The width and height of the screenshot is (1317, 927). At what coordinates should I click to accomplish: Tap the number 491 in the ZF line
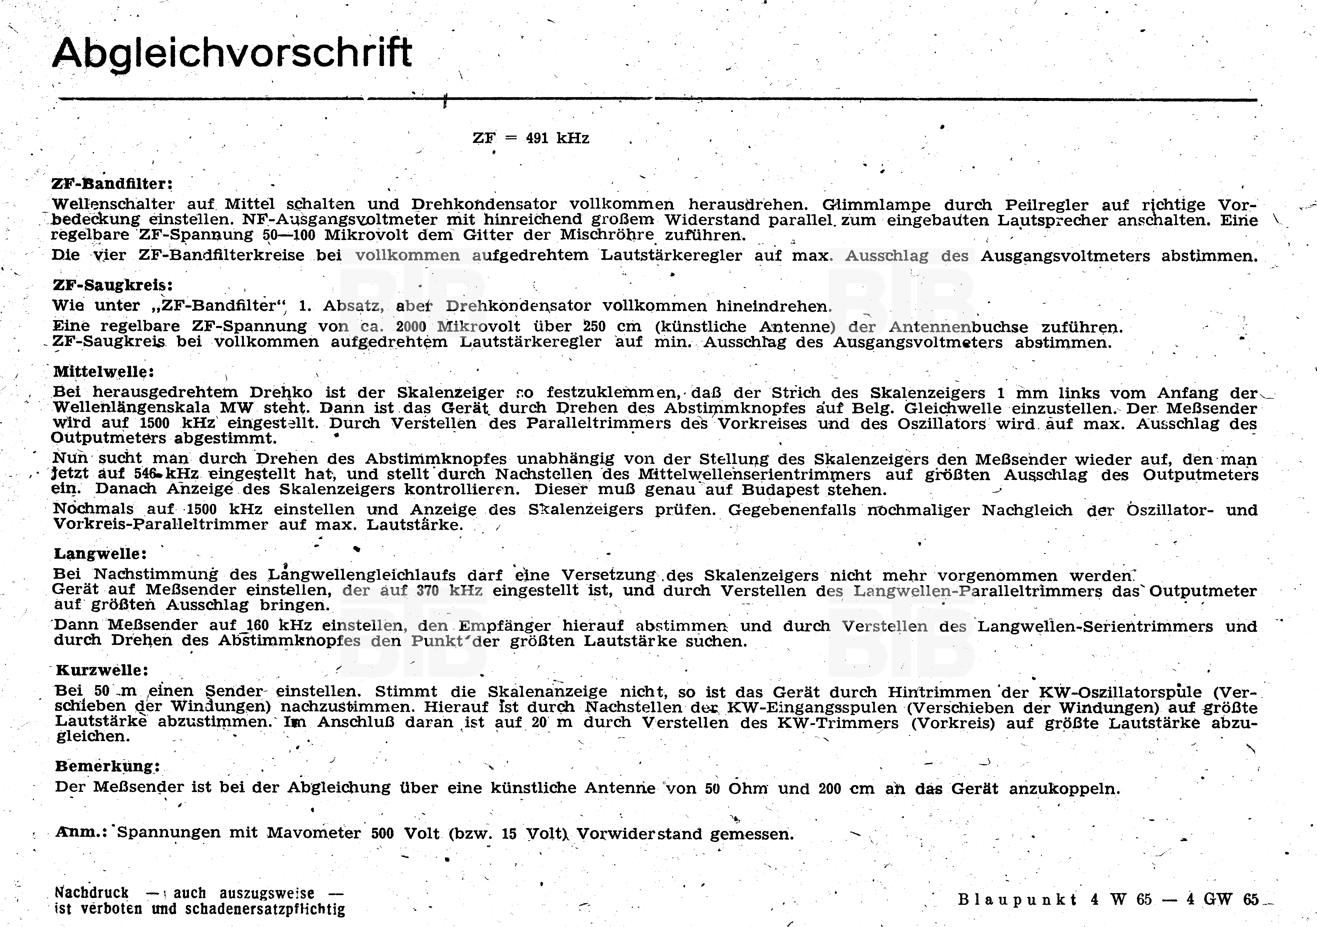point(537,138)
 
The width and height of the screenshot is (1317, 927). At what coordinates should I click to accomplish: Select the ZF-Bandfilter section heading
point(112,184)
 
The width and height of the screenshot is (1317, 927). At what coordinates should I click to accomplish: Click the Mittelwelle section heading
point(104,372)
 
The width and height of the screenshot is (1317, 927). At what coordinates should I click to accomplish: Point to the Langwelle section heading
point(100,554)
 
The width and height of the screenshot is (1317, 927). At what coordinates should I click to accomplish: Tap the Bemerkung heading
point(107,767)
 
